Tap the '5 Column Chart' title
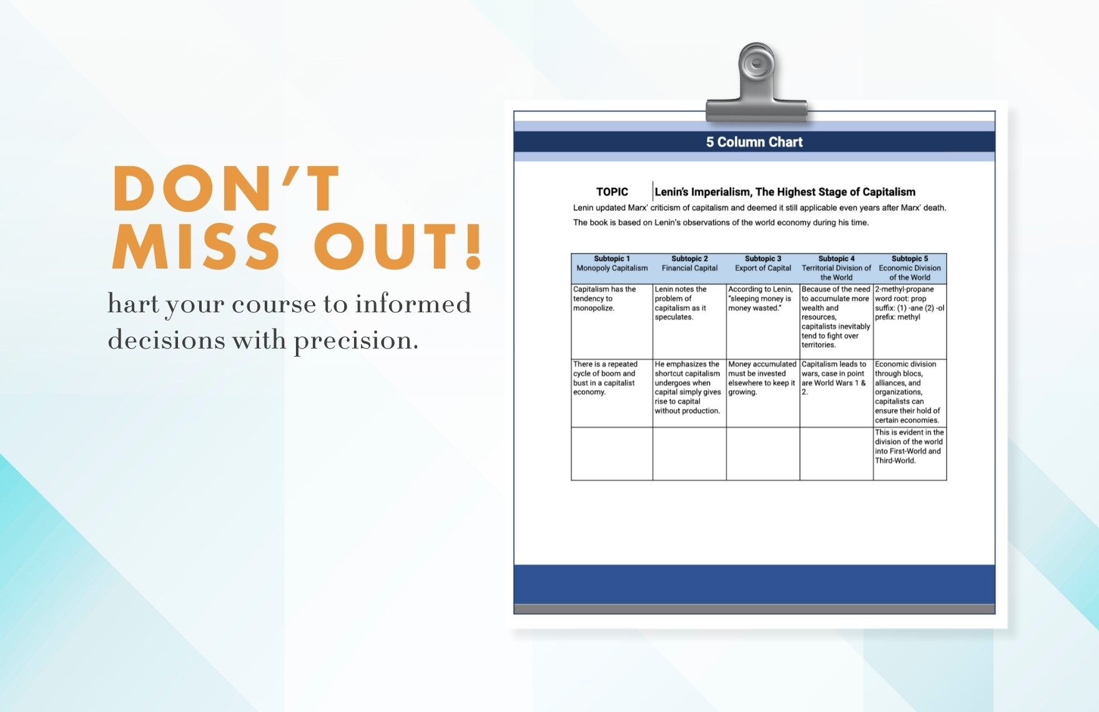[x=754, y=142]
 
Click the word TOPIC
[x=612, y=192]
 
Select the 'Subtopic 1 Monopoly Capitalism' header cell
[x=612, y=269]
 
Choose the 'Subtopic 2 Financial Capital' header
[x=689, y=269]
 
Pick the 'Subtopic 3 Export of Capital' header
[x=763, y=269]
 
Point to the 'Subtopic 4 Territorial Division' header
[x=836, y=269]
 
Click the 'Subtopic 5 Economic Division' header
[x=910, y=269]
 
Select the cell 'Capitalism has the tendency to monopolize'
[x=612, y=322]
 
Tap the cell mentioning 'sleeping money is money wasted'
[x=763, y=322]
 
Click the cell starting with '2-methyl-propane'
[x=910, y=322]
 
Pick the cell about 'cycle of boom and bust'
[x=612, y=393]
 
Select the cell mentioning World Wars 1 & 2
[x=836, y=393]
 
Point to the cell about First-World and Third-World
[x=910, y=453]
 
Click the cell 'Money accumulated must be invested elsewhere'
[x=763, y=393]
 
